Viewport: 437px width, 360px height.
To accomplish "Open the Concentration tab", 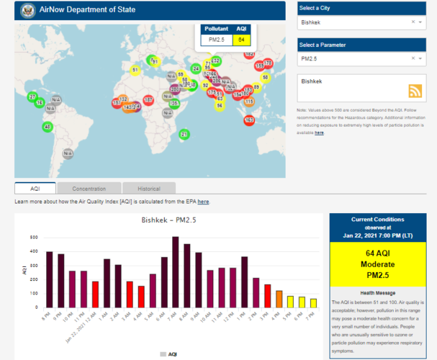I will [x=89, y=189].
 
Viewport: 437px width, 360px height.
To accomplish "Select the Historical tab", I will [x=148, y=189].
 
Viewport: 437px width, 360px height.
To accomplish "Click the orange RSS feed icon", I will [x=415, y=91].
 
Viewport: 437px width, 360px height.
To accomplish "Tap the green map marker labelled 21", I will [x=184, y=134].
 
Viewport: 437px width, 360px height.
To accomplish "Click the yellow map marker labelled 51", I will [x=135, y=70].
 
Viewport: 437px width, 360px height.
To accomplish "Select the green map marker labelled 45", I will [x=48, y=127].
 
